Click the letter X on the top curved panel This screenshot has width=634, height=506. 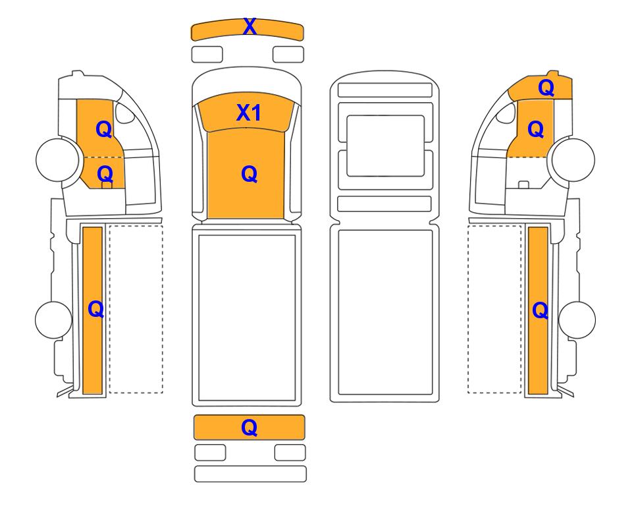point(250,27)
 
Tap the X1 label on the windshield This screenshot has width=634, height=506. point(249,113)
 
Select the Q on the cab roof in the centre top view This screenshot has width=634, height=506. point(249,175)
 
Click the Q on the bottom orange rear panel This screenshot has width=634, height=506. point(249,428)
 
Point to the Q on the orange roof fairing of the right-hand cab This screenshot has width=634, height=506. point(546,88)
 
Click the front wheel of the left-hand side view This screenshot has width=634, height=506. point(57,159)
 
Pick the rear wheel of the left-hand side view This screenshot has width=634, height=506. point(54,320)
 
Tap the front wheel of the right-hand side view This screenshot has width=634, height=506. point(573,159)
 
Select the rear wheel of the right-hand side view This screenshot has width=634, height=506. point(577,320)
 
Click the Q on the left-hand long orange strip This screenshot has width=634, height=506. point(96,310)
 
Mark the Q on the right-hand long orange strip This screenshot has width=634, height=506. point(541,311)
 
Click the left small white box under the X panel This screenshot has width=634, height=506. point(207,55)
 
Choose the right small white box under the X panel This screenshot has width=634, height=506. point(288,55)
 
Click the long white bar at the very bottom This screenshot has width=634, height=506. point(250,474)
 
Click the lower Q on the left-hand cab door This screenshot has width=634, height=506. point(105,174)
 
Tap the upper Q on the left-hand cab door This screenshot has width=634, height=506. point(104,130)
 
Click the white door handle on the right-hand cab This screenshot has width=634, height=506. point(523,184)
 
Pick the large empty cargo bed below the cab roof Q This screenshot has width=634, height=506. point(247,318)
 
